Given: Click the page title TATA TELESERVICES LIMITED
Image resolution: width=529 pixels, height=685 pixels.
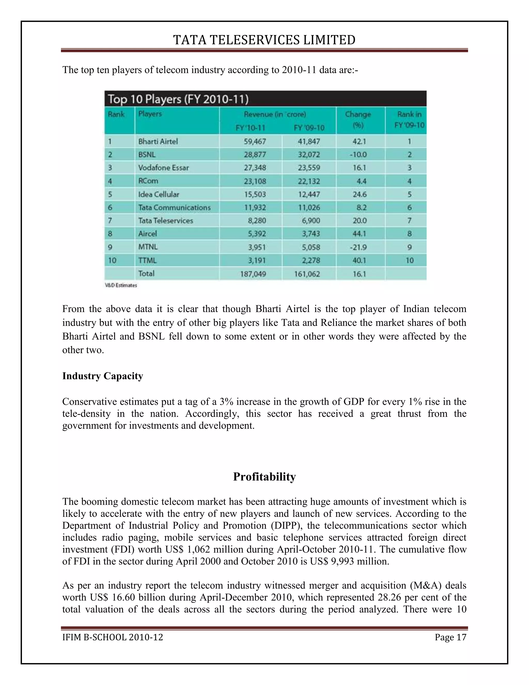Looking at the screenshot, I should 264,40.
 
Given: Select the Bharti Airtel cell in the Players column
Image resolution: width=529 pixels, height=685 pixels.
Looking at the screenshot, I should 158,141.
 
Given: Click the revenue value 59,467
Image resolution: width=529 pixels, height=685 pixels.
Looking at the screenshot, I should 255,141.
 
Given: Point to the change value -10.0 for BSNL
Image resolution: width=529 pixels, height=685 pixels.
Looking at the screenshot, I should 358,155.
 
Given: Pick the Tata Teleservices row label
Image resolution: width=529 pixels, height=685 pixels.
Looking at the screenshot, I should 166,220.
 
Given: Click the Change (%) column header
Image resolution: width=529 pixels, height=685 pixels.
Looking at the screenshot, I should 358,119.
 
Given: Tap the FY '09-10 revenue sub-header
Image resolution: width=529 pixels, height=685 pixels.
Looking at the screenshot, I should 309,128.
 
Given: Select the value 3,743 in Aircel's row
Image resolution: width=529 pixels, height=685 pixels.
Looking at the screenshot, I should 311,234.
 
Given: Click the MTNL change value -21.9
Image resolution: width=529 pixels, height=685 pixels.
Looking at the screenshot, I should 358,247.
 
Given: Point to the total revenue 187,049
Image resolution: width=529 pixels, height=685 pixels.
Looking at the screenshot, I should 253,274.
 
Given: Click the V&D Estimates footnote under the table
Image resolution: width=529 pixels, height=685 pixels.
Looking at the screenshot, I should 121,285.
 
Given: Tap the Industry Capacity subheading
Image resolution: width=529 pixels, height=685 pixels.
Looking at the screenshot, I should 103,376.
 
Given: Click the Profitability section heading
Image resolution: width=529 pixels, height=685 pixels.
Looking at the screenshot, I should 264,476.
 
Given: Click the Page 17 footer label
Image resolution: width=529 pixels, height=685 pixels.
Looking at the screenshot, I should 450,637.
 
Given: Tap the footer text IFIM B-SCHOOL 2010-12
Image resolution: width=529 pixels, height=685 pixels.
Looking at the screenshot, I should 113,637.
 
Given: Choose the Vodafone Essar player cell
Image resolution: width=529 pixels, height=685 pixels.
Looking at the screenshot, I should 163,168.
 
